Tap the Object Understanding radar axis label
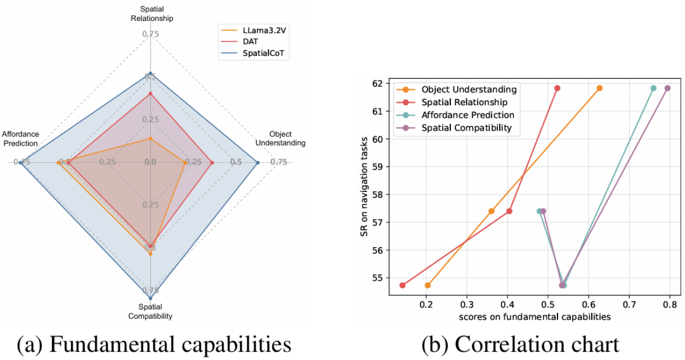coord(280,138)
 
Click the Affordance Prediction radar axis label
coord(20,138)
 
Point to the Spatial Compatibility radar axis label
coord(150,311)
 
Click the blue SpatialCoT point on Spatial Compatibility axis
coord(150,297)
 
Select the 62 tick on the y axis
coord(378,84)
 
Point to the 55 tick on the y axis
coord(378,278)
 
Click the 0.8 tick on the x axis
coord(670,304)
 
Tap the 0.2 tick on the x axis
coord(426,304)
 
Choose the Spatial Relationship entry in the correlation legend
coord(464,102)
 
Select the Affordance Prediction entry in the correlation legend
coord(467,115)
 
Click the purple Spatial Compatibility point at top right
coord(667,88)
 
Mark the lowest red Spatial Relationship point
coord(402,285)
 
